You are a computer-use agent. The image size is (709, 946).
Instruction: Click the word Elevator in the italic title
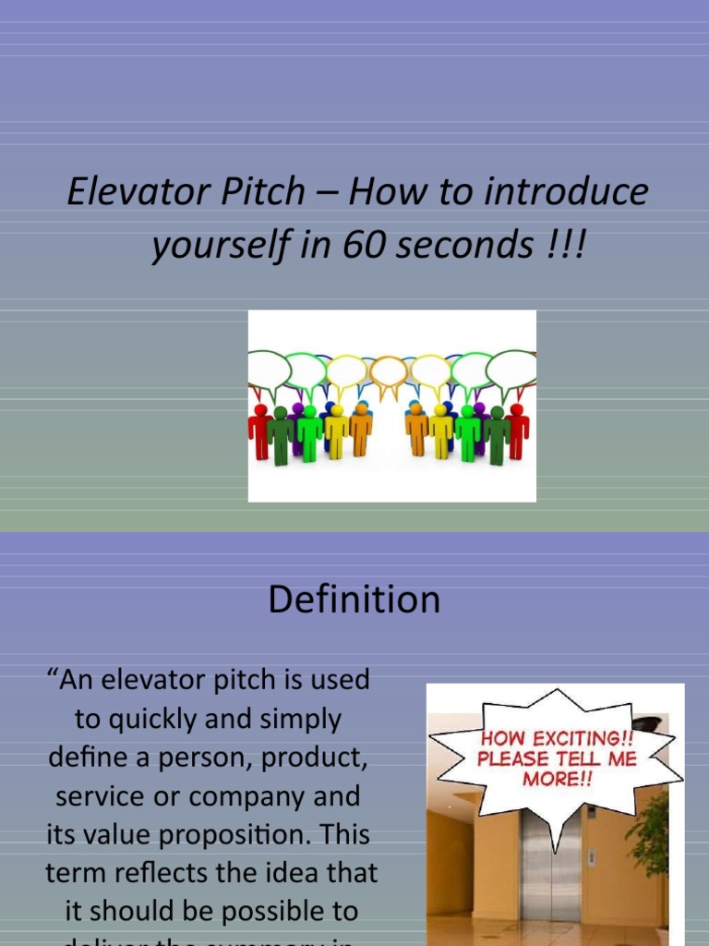121,192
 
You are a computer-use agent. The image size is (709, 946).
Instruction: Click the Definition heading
354,600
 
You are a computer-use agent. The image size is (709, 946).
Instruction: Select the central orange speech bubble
389,370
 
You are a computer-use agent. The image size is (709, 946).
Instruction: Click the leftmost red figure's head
260,410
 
